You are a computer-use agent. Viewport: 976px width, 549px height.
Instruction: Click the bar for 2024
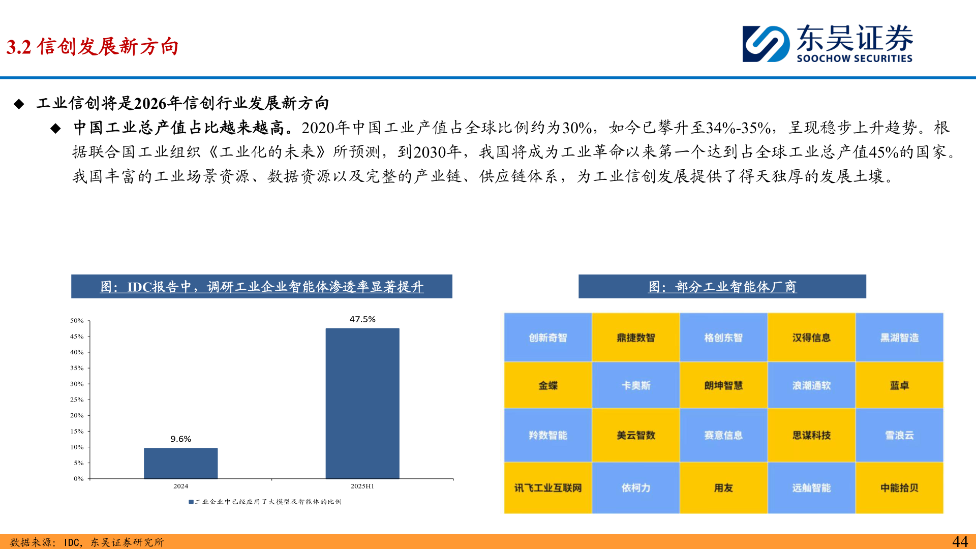(180, 463)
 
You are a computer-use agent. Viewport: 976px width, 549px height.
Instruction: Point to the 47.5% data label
(362, 319)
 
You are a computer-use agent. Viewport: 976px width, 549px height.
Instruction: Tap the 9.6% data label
(180, 439)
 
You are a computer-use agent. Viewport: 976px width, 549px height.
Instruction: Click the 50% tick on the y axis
(77, 321)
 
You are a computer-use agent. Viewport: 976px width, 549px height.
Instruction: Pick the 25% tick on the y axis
(77, 400)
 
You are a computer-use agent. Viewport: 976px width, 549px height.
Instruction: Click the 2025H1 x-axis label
(362, 486)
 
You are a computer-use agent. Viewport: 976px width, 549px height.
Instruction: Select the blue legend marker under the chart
(191, 502)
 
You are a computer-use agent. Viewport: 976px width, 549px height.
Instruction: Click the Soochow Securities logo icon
(766, 44)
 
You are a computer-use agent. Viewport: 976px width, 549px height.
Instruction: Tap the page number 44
(960, 541)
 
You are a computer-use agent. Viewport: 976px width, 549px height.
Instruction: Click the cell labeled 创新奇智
(547, 338)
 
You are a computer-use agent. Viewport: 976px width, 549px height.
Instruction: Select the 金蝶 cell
(547, 385)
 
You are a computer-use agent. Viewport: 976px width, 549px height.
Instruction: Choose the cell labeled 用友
(723, 488)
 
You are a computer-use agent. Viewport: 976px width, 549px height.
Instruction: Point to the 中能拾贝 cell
(899, 488)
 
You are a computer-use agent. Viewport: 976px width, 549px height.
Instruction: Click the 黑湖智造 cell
(899, 338)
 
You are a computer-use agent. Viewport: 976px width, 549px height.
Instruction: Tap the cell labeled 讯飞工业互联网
(547, 488)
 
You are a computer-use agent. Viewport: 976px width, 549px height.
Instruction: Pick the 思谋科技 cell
(811, 435)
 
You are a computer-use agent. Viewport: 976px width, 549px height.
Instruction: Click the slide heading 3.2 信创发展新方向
(93, 47)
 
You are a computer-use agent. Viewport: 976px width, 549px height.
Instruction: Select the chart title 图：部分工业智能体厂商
(722, 287)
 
